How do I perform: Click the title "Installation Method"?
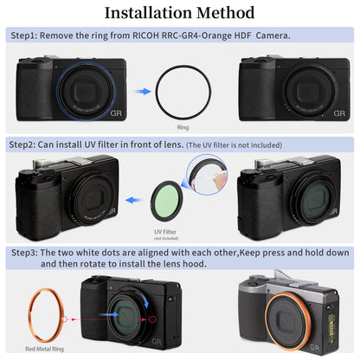tap(180, 13)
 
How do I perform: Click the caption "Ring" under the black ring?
tap(183, 125)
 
